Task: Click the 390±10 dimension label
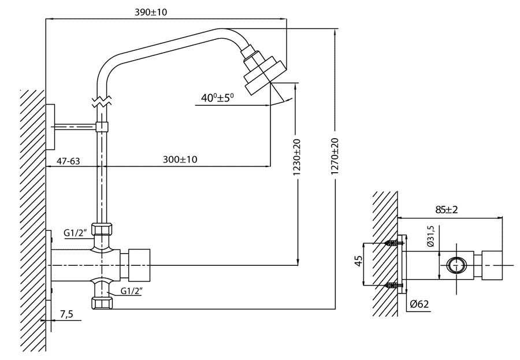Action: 151,12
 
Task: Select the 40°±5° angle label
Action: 217,98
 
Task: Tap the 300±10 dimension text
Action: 180,159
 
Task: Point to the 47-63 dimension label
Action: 69,161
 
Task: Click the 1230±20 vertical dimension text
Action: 297,157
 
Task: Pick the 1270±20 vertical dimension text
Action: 335,156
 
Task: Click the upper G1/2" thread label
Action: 75,233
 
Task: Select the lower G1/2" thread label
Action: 131,291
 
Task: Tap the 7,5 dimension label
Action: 66,314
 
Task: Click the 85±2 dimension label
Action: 447,210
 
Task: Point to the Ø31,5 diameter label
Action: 431,236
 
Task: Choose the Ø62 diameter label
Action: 419,304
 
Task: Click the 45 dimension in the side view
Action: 358,261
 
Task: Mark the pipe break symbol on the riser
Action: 102,102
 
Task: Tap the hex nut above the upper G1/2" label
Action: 102,229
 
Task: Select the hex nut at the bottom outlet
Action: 102,303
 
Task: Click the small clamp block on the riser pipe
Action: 102,127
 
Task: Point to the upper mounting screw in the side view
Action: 394,243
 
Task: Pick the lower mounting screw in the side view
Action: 394,285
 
